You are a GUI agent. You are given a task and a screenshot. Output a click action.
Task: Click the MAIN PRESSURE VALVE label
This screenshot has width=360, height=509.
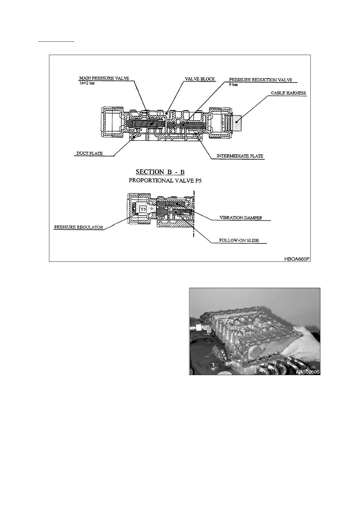coord(104,78)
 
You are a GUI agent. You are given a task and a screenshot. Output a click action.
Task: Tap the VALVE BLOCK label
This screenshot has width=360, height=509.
coord(200,79)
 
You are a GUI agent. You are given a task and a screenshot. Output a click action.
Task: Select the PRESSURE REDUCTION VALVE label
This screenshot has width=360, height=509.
coord(260,80)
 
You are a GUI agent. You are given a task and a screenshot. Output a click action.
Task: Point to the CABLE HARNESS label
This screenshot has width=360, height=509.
coord(288,93)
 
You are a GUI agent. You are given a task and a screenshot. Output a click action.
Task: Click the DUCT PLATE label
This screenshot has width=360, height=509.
coord(90,154)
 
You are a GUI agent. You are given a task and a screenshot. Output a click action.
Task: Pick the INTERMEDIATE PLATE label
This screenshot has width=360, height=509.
coord(240,156)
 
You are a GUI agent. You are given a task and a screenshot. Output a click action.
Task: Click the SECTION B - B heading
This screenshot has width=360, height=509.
coord(160,172)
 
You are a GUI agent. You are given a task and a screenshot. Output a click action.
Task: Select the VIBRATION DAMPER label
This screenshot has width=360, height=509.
coord(241,218)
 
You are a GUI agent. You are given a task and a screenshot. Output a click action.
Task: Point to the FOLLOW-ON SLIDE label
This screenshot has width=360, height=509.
coord(239,241)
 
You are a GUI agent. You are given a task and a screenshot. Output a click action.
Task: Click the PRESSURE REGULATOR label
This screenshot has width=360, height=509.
coord(79,227)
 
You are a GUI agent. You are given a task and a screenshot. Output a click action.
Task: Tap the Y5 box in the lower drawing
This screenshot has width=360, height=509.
coord(142,209)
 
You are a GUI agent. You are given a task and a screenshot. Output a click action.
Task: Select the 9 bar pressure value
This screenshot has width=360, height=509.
coord(233,85)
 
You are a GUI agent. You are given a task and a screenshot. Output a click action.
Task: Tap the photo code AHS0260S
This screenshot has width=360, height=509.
coord(308,372)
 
